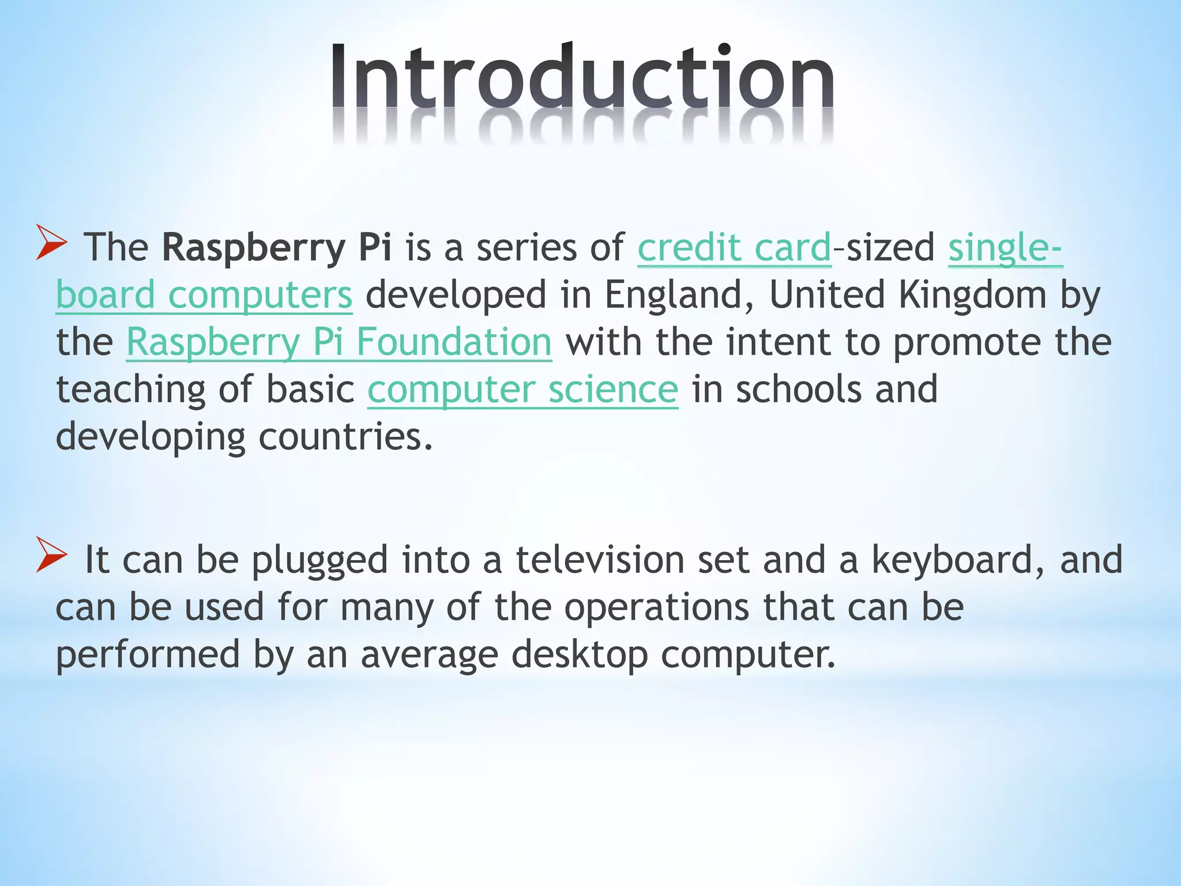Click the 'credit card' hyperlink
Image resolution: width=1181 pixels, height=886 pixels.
[x=734, y=248]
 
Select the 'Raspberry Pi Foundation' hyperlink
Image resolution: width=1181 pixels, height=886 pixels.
[x=339, y=343]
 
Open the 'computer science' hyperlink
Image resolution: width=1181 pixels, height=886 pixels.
[x=522, y=390]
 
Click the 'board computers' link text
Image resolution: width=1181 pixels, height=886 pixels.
[x=204, y=295]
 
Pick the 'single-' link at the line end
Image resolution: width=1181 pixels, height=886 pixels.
[x=1005, y=248]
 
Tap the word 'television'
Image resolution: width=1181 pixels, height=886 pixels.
[x=600, y=560]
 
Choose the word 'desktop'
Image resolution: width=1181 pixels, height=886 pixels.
[x=579, y=655]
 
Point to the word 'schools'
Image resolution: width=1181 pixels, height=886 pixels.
[x=799, y=390]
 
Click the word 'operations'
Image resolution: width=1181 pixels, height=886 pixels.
[x=656, y=607]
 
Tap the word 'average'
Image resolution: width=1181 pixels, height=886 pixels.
[x=429, y=655]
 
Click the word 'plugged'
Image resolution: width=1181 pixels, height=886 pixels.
[x=319, y=560]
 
